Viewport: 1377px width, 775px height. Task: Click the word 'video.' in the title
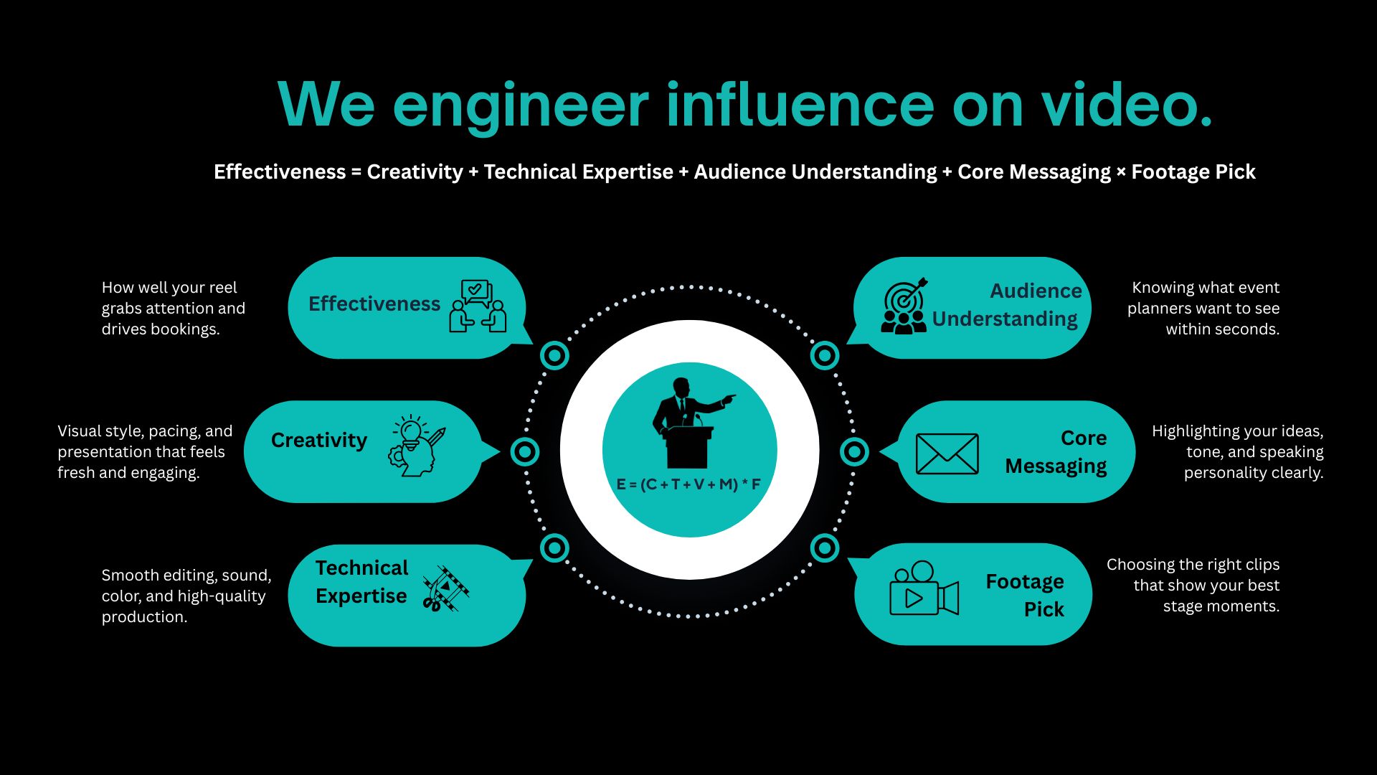tap(1126, 105)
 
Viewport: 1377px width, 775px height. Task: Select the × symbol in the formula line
tap(1121, 172)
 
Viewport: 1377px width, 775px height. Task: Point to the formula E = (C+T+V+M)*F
tap(688, 484)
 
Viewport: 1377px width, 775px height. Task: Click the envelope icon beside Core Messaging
tap(947, 454)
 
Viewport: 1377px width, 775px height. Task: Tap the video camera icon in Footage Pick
tap(924, 589)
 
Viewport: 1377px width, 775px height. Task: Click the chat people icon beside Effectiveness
tap(478, 306)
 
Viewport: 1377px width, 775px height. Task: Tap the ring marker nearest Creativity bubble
tap(525, 451)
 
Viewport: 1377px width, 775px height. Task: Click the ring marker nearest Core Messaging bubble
tap(854, 451)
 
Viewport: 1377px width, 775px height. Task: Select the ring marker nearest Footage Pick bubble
tap(825, 548)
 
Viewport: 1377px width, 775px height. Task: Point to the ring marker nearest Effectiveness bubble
tap(554, 354)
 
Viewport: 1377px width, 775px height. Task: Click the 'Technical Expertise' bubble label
tap(361, 582)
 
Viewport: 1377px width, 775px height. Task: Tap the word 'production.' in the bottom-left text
tap(144, 617)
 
